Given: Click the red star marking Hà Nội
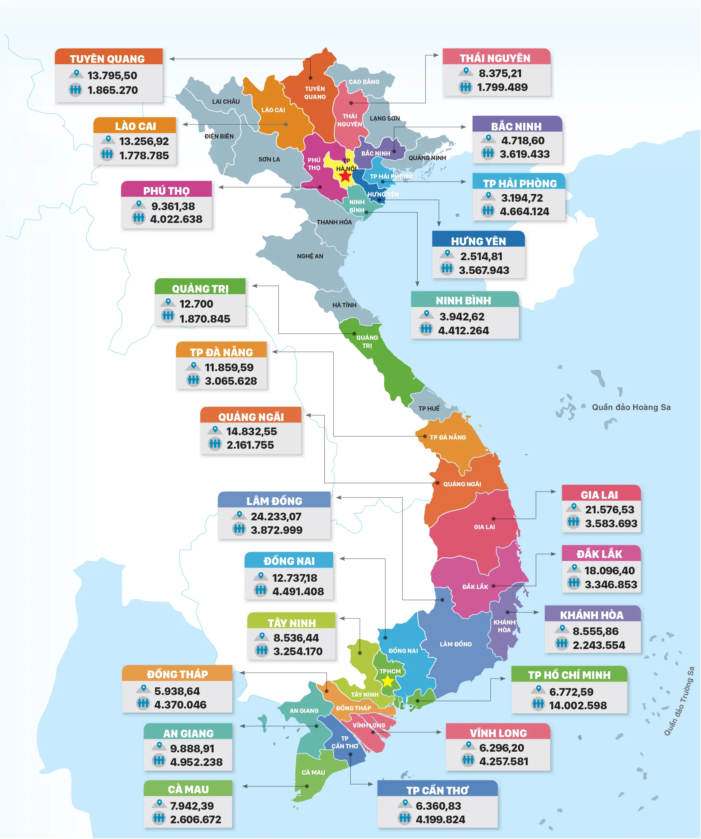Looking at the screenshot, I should (345, 176).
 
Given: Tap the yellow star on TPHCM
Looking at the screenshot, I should (388, 681).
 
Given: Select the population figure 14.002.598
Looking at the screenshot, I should (578, 706).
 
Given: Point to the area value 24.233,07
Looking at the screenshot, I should (276, 517).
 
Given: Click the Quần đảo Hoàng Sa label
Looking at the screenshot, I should (631, 407).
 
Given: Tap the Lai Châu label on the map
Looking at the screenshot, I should (226, 102).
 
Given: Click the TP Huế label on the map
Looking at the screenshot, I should (429, 408).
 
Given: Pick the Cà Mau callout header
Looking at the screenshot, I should (188, 789).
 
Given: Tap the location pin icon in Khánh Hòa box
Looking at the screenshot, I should (562, 629).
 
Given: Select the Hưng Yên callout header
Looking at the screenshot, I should (479, 241).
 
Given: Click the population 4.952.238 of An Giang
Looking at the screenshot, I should (196, 762).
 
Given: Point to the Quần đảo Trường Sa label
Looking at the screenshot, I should (679, 701).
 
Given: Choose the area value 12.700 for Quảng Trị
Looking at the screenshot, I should (196, 304).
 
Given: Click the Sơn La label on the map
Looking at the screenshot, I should (269, 159).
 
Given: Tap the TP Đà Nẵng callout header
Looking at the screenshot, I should (222, 352).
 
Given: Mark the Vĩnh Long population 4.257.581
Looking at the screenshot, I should (504, 761).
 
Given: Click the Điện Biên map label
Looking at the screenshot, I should (219, 136).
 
